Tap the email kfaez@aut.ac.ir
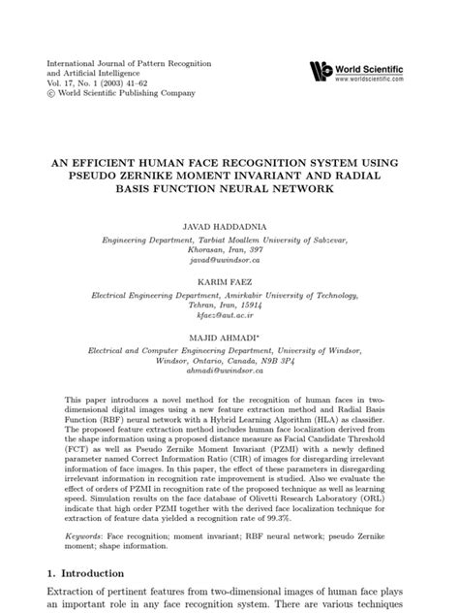tap(229, 313)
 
